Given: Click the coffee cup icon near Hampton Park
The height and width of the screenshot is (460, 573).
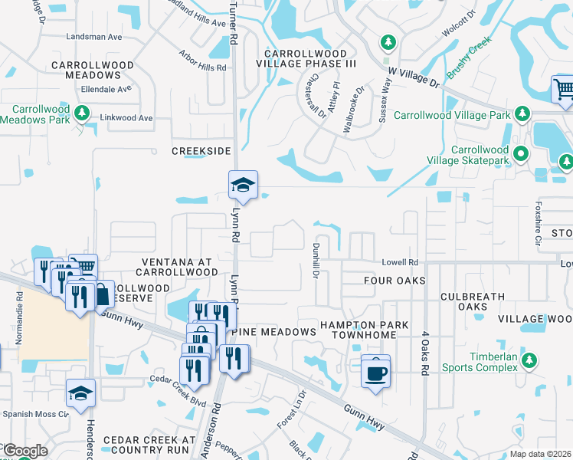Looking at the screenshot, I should tap(375, 373).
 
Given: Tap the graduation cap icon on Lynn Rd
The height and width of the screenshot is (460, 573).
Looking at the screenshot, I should tap(243, 185).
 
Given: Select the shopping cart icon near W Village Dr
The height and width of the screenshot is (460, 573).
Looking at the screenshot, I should tap(563, 89).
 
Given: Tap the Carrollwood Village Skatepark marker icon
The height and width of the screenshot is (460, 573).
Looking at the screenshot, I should tap(521, 153).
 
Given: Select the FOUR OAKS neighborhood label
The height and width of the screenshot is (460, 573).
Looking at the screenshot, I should tap(395, 281).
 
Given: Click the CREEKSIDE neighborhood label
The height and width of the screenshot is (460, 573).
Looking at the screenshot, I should tap(201, 151).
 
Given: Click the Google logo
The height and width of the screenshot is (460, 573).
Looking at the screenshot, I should tap(25, 451).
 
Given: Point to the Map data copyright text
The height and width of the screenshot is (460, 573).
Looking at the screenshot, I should tap(541, 454).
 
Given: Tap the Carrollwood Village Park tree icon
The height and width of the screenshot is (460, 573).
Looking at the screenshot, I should tap(522, 114).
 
